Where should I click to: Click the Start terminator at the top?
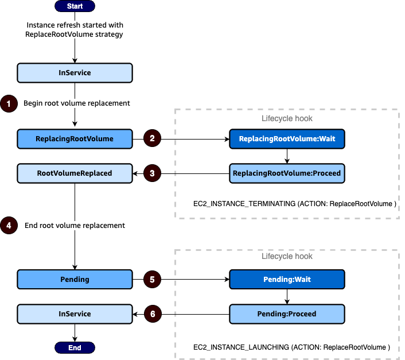pos(75,6)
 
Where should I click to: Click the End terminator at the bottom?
pos(75,347)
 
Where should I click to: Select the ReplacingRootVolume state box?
pos(75,138)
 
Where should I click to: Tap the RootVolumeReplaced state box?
pos(75,173)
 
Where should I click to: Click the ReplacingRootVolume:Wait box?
pos(287,138)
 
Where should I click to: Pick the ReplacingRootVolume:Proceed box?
pos(287,173)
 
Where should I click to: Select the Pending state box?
pos(75,280)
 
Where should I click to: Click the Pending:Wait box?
pos(287,280)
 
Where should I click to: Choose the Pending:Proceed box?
pos(287,314)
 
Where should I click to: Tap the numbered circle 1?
pos(9,103)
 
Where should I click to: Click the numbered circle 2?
pos(152,138)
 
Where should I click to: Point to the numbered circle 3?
pos(152,173)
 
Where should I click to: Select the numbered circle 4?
pos(9,226)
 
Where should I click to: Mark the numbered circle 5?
pos(152,280)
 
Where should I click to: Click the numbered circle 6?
pos(152,314)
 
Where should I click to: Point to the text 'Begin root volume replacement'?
pos(76,103)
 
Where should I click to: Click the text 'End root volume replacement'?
pos(75,226)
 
